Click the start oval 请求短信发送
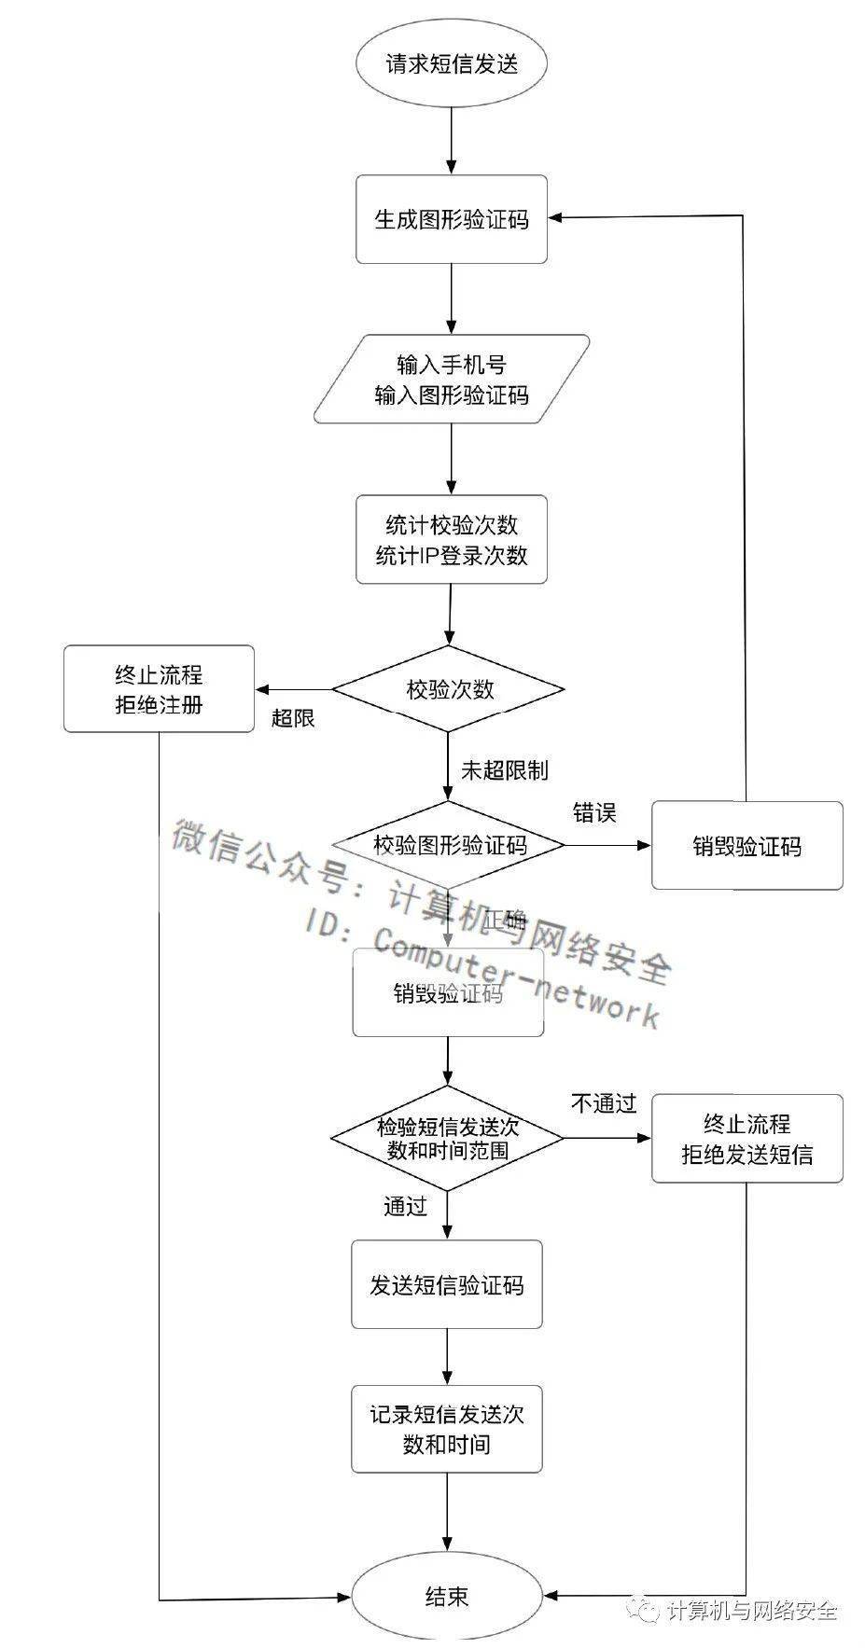(451, 64)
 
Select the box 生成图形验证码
(451, 219)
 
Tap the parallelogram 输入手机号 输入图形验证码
(452, 381)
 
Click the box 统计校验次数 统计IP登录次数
(451, 540)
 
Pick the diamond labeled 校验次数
(449, 690)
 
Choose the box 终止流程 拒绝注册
(159, 689)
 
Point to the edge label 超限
(293, 718)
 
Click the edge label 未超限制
(504, 770)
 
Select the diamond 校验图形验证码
(449, 845)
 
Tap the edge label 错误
(594, 812)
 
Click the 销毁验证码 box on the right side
(746, 846)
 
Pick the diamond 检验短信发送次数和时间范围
(448, 1138)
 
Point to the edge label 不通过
(603, 1104)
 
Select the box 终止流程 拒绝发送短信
(746, 1139)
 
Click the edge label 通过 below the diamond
(405, 1206)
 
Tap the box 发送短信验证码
(447, 1284)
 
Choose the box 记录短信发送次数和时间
(447, 1429)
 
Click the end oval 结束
(447, 1597)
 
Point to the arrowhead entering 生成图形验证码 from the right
(554, 216)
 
